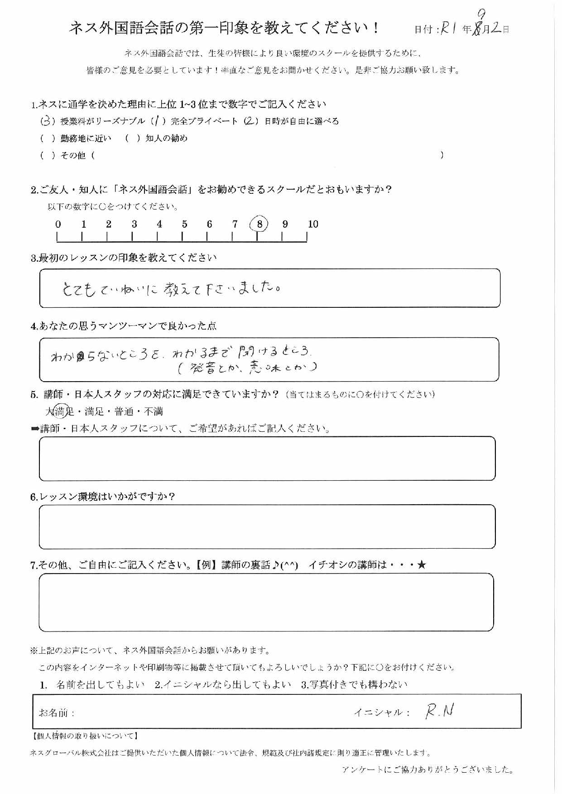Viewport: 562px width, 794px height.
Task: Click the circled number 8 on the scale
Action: [259, 224]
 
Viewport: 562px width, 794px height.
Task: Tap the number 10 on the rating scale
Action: [313, 224]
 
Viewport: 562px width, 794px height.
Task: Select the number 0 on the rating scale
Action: [58, 224]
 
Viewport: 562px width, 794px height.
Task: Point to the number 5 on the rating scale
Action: [184, 224]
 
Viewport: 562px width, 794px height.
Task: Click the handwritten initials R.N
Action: [439, 712]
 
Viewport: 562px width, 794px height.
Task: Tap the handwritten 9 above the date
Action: [481, 15]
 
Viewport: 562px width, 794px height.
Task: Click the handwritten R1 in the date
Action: [449, 29]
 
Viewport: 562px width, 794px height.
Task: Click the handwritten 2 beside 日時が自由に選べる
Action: [250, 121]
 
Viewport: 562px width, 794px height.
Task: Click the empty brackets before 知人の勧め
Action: [132, 139]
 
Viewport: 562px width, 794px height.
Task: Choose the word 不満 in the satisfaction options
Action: [154, 411]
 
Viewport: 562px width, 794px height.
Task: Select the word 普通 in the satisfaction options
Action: [124, 411]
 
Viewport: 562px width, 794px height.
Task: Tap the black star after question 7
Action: [422, 564]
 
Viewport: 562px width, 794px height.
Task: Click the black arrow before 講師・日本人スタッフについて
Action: [34, 429]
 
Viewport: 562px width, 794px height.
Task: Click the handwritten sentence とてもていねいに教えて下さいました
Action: [171, 288]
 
